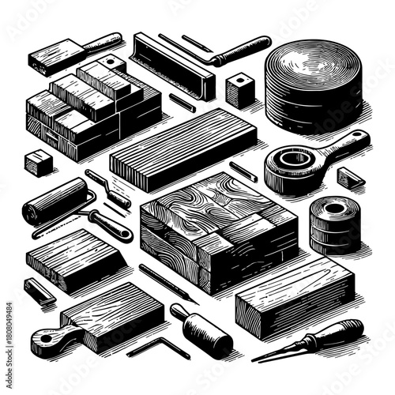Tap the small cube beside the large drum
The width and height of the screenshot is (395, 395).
(x=239, y=91)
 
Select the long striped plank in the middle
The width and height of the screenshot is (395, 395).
(x=182, y=146)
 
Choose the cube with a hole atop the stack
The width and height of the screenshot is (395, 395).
(x=111, y=62)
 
